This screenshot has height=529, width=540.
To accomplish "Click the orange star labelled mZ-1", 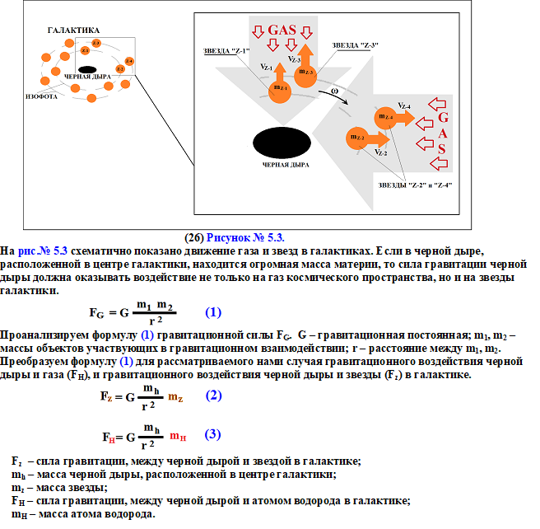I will (280, 89).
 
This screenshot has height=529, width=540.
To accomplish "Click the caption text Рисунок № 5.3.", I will (238, 236).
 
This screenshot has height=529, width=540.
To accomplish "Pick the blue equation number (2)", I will (213, 395).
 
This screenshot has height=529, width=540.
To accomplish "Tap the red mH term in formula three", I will (178, 437).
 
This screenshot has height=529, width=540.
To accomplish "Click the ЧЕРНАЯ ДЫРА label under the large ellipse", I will (286, 165).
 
